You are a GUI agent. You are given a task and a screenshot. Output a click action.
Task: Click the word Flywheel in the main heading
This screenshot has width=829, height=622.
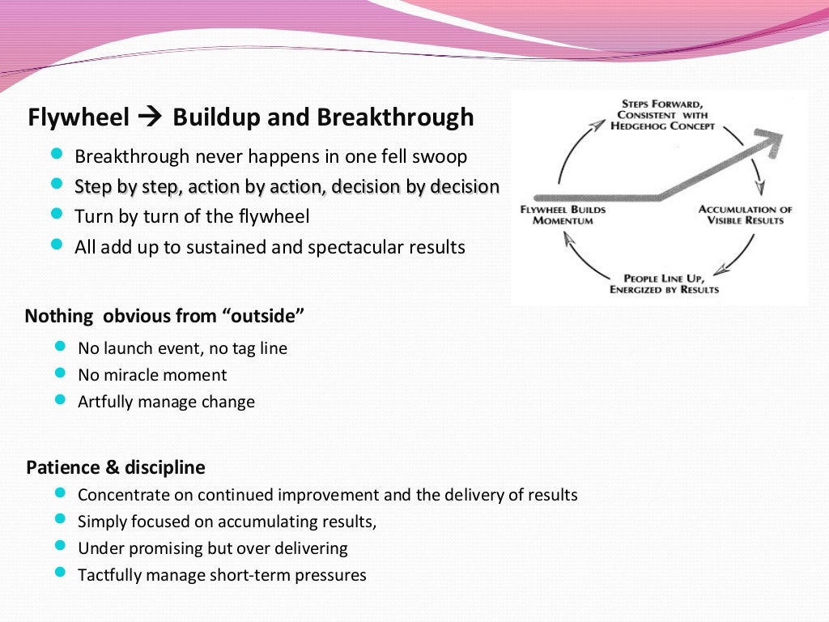pyautogui.click(x=79, y=118)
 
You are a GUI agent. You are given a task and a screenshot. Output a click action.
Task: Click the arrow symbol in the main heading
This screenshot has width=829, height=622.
pyautogui.click(x=151, y=118)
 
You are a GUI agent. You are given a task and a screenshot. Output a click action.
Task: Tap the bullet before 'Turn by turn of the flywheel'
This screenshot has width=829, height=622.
pyautogui.click(x=56, y=215)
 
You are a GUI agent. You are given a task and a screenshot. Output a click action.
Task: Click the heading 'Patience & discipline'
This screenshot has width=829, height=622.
pyautogui.click(x=116, y=467)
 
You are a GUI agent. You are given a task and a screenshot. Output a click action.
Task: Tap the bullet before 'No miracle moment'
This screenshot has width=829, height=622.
pyautogui.click(x=59, y=373)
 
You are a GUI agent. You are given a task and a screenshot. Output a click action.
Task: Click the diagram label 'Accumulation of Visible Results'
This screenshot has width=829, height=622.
pyautogui.click(x=745, y=215)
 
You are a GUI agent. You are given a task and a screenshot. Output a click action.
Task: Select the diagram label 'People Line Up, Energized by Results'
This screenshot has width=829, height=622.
pyautogui.click(x=664, y=283)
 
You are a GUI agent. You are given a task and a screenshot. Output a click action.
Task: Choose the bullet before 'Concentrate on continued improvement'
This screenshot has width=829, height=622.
pyautogui.click(x=59, y=492)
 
